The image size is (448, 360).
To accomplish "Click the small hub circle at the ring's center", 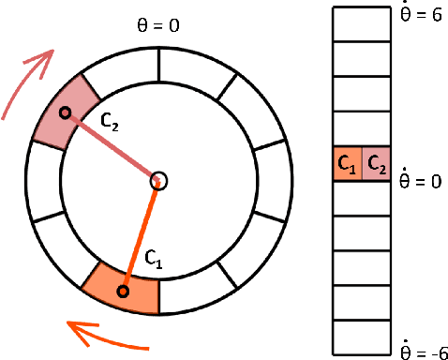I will point(158,181).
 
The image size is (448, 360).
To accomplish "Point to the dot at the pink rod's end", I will point(65,113).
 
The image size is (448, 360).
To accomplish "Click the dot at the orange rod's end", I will point(122,292).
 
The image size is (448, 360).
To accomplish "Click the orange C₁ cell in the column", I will point(347,164).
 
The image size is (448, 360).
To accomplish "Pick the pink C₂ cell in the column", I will point(375,164).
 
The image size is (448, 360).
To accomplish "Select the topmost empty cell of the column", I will point(361,23).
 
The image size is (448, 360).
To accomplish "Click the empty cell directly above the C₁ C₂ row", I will point(361,128).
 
